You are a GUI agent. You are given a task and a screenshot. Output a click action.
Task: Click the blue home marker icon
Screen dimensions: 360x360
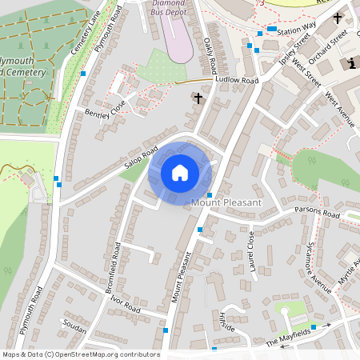[x=180, y=172]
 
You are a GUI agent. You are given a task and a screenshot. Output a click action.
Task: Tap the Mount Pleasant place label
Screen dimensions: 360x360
[x=226, y=203]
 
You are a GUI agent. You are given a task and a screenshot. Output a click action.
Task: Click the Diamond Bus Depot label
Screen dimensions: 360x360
[x=178, y=8]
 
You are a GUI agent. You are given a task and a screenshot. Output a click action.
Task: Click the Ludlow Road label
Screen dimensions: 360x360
[x=238, y=81]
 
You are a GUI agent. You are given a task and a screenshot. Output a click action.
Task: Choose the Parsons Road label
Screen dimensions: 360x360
[x=317, y=215]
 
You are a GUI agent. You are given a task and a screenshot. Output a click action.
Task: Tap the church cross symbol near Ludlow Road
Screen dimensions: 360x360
[x=199, y=98]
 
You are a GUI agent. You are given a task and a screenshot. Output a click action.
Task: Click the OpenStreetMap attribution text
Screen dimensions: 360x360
[x=80, y=354]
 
